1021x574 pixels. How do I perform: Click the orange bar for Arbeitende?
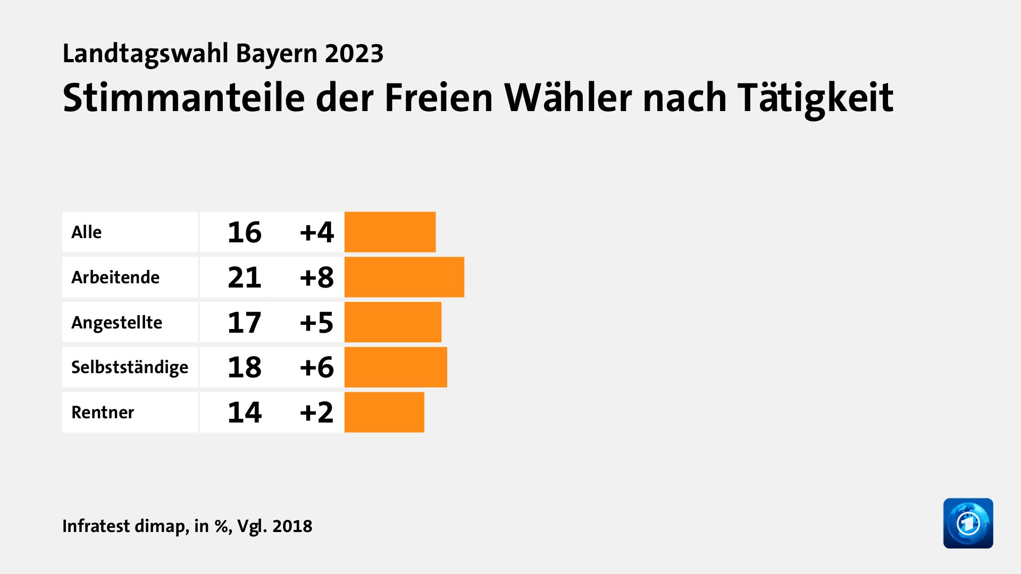404,277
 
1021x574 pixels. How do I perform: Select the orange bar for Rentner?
384,412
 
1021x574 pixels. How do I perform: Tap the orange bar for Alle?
390,232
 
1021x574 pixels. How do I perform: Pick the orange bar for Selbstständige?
396,367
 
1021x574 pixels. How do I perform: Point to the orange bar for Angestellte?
392,322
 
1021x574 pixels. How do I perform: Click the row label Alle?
86,232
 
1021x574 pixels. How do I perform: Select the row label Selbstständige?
130,367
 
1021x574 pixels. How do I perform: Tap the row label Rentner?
103,412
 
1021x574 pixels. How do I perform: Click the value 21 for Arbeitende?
245,277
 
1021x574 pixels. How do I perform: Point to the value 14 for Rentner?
245,412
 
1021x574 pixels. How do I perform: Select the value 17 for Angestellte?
245,323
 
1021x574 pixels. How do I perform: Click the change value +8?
316,277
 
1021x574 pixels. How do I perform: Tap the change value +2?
316,412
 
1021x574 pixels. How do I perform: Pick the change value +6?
316,367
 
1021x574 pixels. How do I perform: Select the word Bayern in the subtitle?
276,54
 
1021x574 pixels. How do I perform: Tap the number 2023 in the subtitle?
354,54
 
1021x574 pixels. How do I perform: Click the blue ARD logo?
968,523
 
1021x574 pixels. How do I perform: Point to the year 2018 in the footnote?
292,526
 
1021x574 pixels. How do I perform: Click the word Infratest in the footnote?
96,526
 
